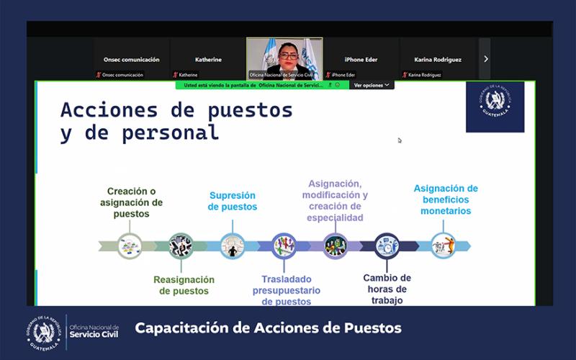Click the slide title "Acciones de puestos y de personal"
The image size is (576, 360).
click(176, 121)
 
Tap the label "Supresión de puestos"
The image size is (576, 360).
click(233, 201)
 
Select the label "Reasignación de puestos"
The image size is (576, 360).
click(184, 285)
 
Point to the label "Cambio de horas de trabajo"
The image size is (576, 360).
click(387, 289)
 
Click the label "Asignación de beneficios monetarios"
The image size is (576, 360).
click(446, 199)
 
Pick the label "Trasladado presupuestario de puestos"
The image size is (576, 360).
click(286, 290)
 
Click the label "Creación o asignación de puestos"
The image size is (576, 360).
click(131, 202)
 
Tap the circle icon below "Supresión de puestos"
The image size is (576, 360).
click(233, 246)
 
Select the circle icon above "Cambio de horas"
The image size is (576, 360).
click(387, 246)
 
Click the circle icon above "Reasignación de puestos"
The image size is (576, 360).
click(181, 246)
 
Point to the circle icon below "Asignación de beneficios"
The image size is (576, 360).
click(443, 246)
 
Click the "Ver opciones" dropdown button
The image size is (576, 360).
click(372, 85)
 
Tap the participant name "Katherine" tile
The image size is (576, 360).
click(208, 60)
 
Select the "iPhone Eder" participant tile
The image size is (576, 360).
click(361, 60)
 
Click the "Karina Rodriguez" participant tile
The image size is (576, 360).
click(438, 60)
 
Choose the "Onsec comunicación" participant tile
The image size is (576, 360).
click(131, 60)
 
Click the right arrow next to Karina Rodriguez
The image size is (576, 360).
click(486, 59)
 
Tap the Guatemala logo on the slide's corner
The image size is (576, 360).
click(495, 107)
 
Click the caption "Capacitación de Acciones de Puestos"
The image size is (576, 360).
click(268, 328)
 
